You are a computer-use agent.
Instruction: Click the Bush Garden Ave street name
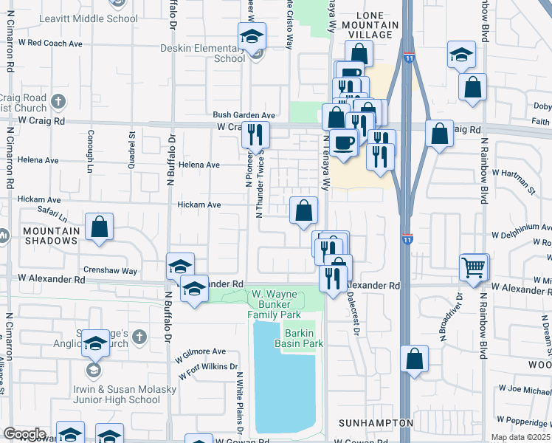[244, 115]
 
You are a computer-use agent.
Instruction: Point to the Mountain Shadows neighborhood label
[51, 236]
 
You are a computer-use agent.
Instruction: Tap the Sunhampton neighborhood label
[376, 423]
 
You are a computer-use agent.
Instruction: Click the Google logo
[25, 434]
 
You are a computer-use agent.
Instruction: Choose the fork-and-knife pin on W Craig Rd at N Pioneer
[255, 134]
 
